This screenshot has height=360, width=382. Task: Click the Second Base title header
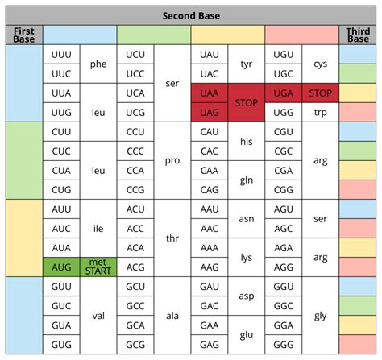point(191,15)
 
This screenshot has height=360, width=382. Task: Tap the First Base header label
point(23,35)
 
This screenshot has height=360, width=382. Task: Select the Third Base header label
point(358,35)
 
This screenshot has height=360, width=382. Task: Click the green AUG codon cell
point(61,266)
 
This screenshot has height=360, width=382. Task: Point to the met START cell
point(98,266)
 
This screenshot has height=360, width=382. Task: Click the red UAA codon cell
point(210,93)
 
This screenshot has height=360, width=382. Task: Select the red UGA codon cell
point(284,93)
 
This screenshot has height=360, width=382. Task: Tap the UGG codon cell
point(284,113)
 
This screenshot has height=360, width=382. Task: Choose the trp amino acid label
point(320,113)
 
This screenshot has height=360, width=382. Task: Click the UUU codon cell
point(61,54)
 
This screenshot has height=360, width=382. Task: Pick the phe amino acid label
point(98,64)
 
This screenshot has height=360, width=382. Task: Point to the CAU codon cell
point(210,131)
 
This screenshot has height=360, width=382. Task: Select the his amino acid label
point(247,141)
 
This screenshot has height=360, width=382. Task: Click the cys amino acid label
point(320,64)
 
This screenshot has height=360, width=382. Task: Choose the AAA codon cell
point(210,247)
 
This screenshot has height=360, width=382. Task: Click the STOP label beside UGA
point(320,93)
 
